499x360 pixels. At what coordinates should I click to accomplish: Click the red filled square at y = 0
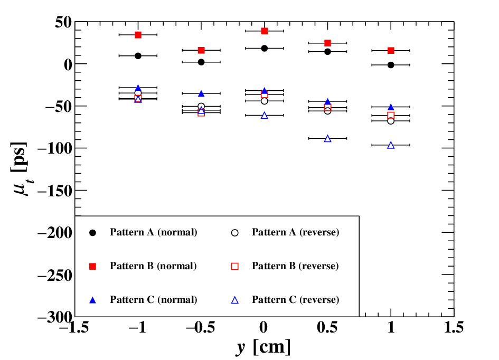coord(264,31)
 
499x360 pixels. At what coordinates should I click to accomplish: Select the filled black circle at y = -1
coord(138,55)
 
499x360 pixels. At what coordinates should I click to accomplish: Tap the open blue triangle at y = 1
coord(391,145)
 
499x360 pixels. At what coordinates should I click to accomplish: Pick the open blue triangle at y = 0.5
coord(327,139)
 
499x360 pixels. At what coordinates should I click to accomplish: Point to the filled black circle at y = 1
coord(391,65)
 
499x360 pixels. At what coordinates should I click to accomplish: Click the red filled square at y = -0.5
coord(201,50)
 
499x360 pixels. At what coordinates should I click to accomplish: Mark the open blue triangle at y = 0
coord(264,116)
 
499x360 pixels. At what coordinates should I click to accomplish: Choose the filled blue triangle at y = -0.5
coord(201,93)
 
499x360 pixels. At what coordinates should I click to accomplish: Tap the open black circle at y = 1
coord(391,121)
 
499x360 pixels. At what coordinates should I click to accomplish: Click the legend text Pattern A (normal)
coord(153,232)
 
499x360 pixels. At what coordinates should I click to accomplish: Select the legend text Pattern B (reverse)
coord(295,266)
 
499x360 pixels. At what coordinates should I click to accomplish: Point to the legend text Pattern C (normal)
coord(153,300)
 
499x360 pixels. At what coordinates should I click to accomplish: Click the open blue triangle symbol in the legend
coord(234,300)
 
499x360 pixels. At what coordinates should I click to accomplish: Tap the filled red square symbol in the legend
coord(92,266)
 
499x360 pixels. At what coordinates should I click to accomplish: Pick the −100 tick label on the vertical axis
coord(55,148)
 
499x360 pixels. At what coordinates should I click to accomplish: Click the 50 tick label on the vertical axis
coord(63,22)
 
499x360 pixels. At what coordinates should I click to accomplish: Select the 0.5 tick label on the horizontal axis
coord(327,327)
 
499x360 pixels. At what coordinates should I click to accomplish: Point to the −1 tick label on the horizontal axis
coord(137,327)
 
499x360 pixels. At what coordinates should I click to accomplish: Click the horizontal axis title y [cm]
coord(263,347)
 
